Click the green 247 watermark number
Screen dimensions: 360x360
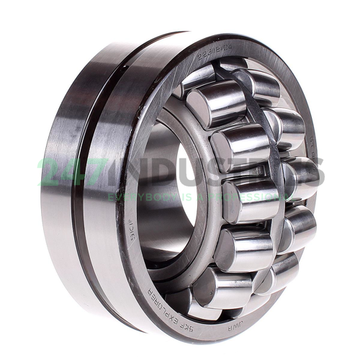68,171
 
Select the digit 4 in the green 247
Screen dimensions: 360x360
69,172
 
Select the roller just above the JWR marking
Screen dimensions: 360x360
223,284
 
